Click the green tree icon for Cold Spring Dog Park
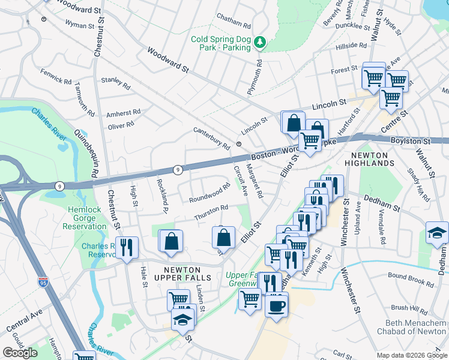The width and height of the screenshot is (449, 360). [x=260, y=42]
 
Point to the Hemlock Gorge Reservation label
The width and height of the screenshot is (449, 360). [x=88, y=218]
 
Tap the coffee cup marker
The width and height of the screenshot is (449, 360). [x=276, y=306]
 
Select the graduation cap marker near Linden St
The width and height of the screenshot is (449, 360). [x=183, y=320]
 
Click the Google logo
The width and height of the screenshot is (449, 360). [x=20, y=352]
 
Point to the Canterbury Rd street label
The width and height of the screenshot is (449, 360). [x=211, y=139]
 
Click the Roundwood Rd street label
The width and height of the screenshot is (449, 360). [x=209, y=193]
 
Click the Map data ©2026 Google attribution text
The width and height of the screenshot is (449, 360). [x=411, y=355]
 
